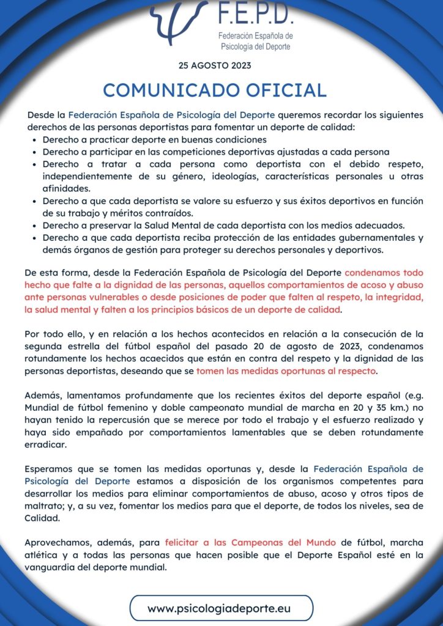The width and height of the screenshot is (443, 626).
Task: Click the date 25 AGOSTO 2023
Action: [215, 65]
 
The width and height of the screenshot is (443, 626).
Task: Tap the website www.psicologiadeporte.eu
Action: [221, 608]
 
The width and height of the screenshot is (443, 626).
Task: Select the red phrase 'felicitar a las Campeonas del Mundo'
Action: [251, 542]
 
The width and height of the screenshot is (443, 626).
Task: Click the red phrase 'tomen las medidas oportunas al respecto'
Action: [287, 370]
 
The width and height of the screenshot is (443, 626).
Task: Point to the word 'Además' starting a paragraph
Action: [43, 396]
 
